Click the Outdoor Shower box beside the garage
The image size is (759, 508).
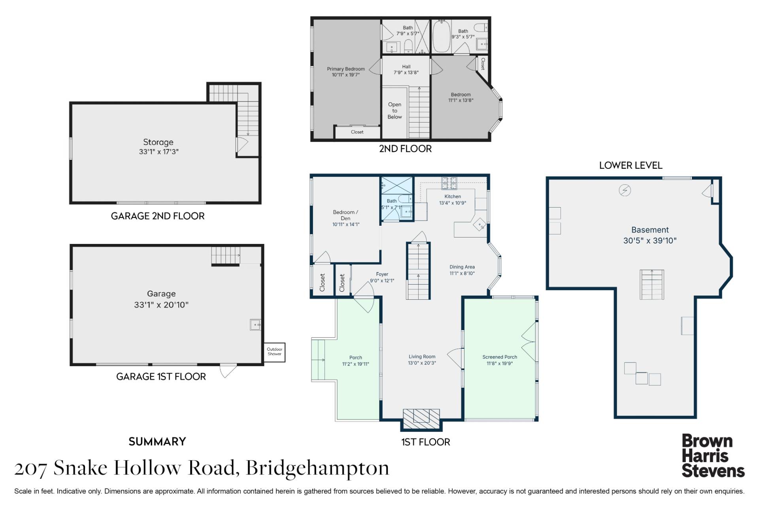[274, 352]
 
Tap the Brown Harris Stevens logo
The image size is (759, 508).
[713, 456]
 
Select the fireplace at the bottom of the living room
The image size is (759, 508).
[421, 419]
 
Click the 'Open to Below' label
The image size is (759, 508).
[395, 111]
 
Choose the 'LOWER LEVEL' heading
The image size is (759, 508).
[631, 165]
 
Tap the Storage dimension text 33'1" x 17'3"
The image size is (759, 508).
[159, 151]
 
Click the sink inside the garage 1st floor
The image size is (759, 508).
[255, 325]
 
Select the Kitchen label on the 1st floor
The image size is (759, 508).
[453, 196]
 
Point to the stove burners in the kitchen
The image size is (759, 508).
[449, 183]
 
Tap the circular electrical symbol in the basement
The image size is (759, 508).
[625, 191]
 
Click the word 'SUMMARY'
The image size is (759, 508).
[157, 442]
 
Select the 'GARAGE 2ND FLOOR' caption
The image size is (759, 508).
[158, 216]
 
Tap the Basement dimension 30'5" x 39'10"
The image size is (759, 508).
[650, 240]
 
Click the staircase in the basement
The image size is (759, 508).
[652, 285]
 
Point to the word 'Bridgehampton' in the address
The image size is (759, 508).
[317, 468]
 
